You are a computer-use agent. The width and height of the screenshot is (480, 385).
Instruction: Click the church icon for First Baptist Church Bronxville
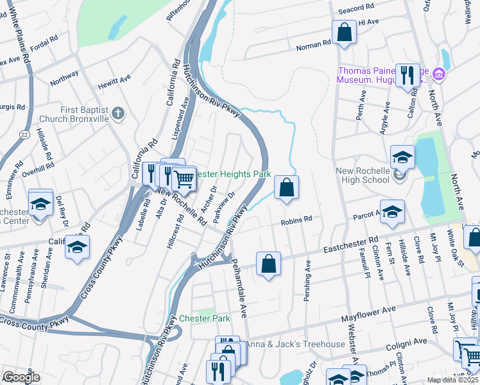point(117,114)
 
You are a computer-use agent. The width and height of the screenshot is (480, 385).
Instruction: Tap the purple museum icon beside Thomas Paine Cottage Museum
point(439,74)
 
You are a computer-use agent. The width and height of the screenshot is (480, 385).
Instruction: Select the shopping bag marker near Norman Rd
point(344,33)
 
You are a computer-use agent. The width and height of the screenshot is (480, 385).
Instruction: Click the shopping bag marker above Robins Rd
point(287,188)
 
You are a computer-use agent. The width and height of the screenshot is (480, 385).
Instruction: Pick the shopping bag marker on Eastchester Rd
point(268,264)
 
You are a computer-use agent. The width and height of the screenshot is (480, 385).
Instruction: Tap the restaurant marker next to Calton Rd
point(407,76)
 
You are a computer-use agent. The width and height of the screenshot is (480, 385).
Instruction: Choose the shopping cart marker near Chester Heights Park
point(184,179)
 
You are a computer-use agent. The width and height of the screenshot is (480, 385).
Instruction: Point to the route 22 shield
point(24,133)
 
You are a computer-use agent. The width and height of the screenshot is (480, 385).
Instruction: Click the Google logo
point(22,377)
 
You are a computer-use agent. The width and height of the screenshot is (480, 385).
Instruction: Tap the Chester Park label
point(204,318)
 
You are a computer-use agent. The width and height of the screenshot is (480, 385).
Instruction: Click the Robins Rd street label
point(296,220)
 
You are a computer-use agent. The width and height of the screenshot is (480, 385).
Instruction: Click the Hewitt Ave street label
point(114,81)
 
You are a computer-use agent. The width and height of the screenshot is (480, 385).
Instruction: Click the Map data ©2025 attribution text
point(453,380)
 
